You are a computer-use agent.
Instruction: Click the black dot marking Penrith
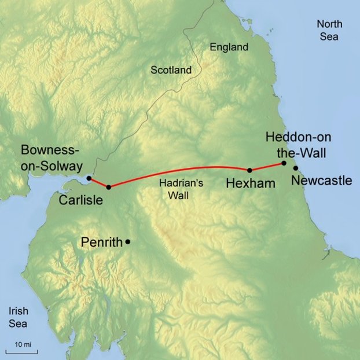point(127,241)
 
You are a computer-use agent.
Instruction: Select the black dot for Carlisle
point(108,187)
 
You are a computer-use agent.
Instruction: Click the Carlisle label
point(80,200)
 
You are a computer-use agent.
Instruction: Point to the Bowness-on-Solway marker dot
point(89,178)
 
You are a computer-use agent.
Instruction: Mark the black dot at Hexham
point(249,170)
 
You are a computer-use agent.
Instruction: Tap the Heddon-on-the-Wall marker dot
point(284,163)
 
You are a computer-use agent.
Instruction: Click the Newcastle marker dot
point(295,168)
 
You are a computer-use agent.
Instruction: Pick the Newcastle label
point(321,181)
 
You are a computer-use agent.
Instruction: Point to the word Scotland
point(171,70)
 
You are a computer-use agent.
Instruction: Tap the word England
point(229,47)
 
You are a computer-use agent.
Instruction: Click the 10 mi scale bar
point(23,350)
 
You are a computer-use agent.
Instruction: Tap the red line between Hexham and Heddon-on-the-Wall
point(267,167)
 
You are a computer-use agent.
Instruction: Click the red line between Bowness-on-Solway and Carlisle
point(98,183)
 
